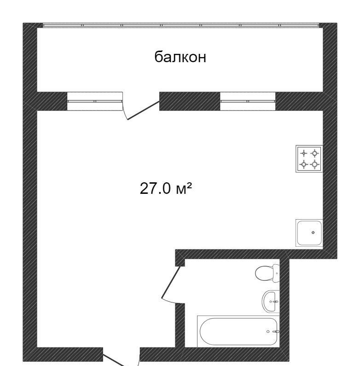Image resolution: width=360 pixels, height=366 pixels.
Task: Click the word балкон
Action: pyautogui.click(x=180, y=57)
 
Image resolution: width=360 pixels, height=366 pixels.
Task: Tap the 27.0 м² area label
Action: pyautogui.click(x=166, y=188)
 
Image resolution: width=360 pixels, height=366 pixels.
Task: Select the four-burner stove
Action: pyautogui.click(x=309, y=159)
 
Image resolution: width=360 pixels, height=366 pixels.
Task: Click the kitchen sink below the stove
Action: pyautogui.click(x=309, y=232)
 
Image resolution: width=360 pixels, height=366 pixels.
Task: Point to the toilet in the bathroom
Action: pyautogui.click(x=267, y=273)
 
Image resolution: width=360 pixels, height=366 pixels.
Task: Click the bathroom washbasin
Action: pyautogui.click(x=271, y=302)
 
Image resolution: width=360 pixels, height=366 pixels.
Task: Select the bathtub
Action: pyautogui.click(x=238, y=331)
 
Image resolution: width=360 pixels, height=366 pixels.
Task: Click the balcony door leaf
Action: pyautogui.click(x=144, y=110)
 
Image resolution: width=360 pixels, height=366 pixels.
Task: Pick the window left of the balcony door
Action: pyautogui.click(x=95, y=101)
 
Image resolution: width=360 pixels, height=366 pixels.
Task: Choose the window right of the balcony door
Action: pyautogui.click(x=248, y=101)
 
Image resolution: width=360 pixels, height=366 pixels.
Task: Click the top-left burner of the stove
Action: pyautogui.click(x=304, y=153)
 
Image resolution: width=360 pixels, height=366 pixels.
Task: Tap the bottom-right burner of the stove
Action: pyautogui.click(x=315, y=164)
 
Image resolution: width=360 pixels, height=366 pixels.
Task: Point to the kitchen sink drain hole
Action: pyautogui.click(x=313, y=232)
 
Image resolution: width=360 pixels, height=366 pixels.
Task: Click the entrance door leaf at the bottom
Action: pyautogui.click(x=114, y=360)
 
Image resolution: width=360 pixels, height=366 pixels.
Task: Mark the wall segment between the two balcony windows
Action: pyautogui.click(x=190, y=101)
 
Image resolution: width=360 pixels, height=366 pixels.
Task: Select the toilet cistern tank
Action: pyautogui.click(x=276, y=273)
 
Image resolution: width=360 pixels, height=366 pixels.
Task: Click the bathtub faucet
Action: pyautogui.click(x=276, y=331)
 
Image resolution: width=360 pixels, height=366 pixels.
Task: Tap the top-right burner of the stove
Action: pyautogui.click(x=315, y=153)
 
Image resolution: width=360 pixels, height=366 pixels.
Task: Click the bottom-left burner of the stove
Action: pyautogui.click(x=304, y=164)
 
